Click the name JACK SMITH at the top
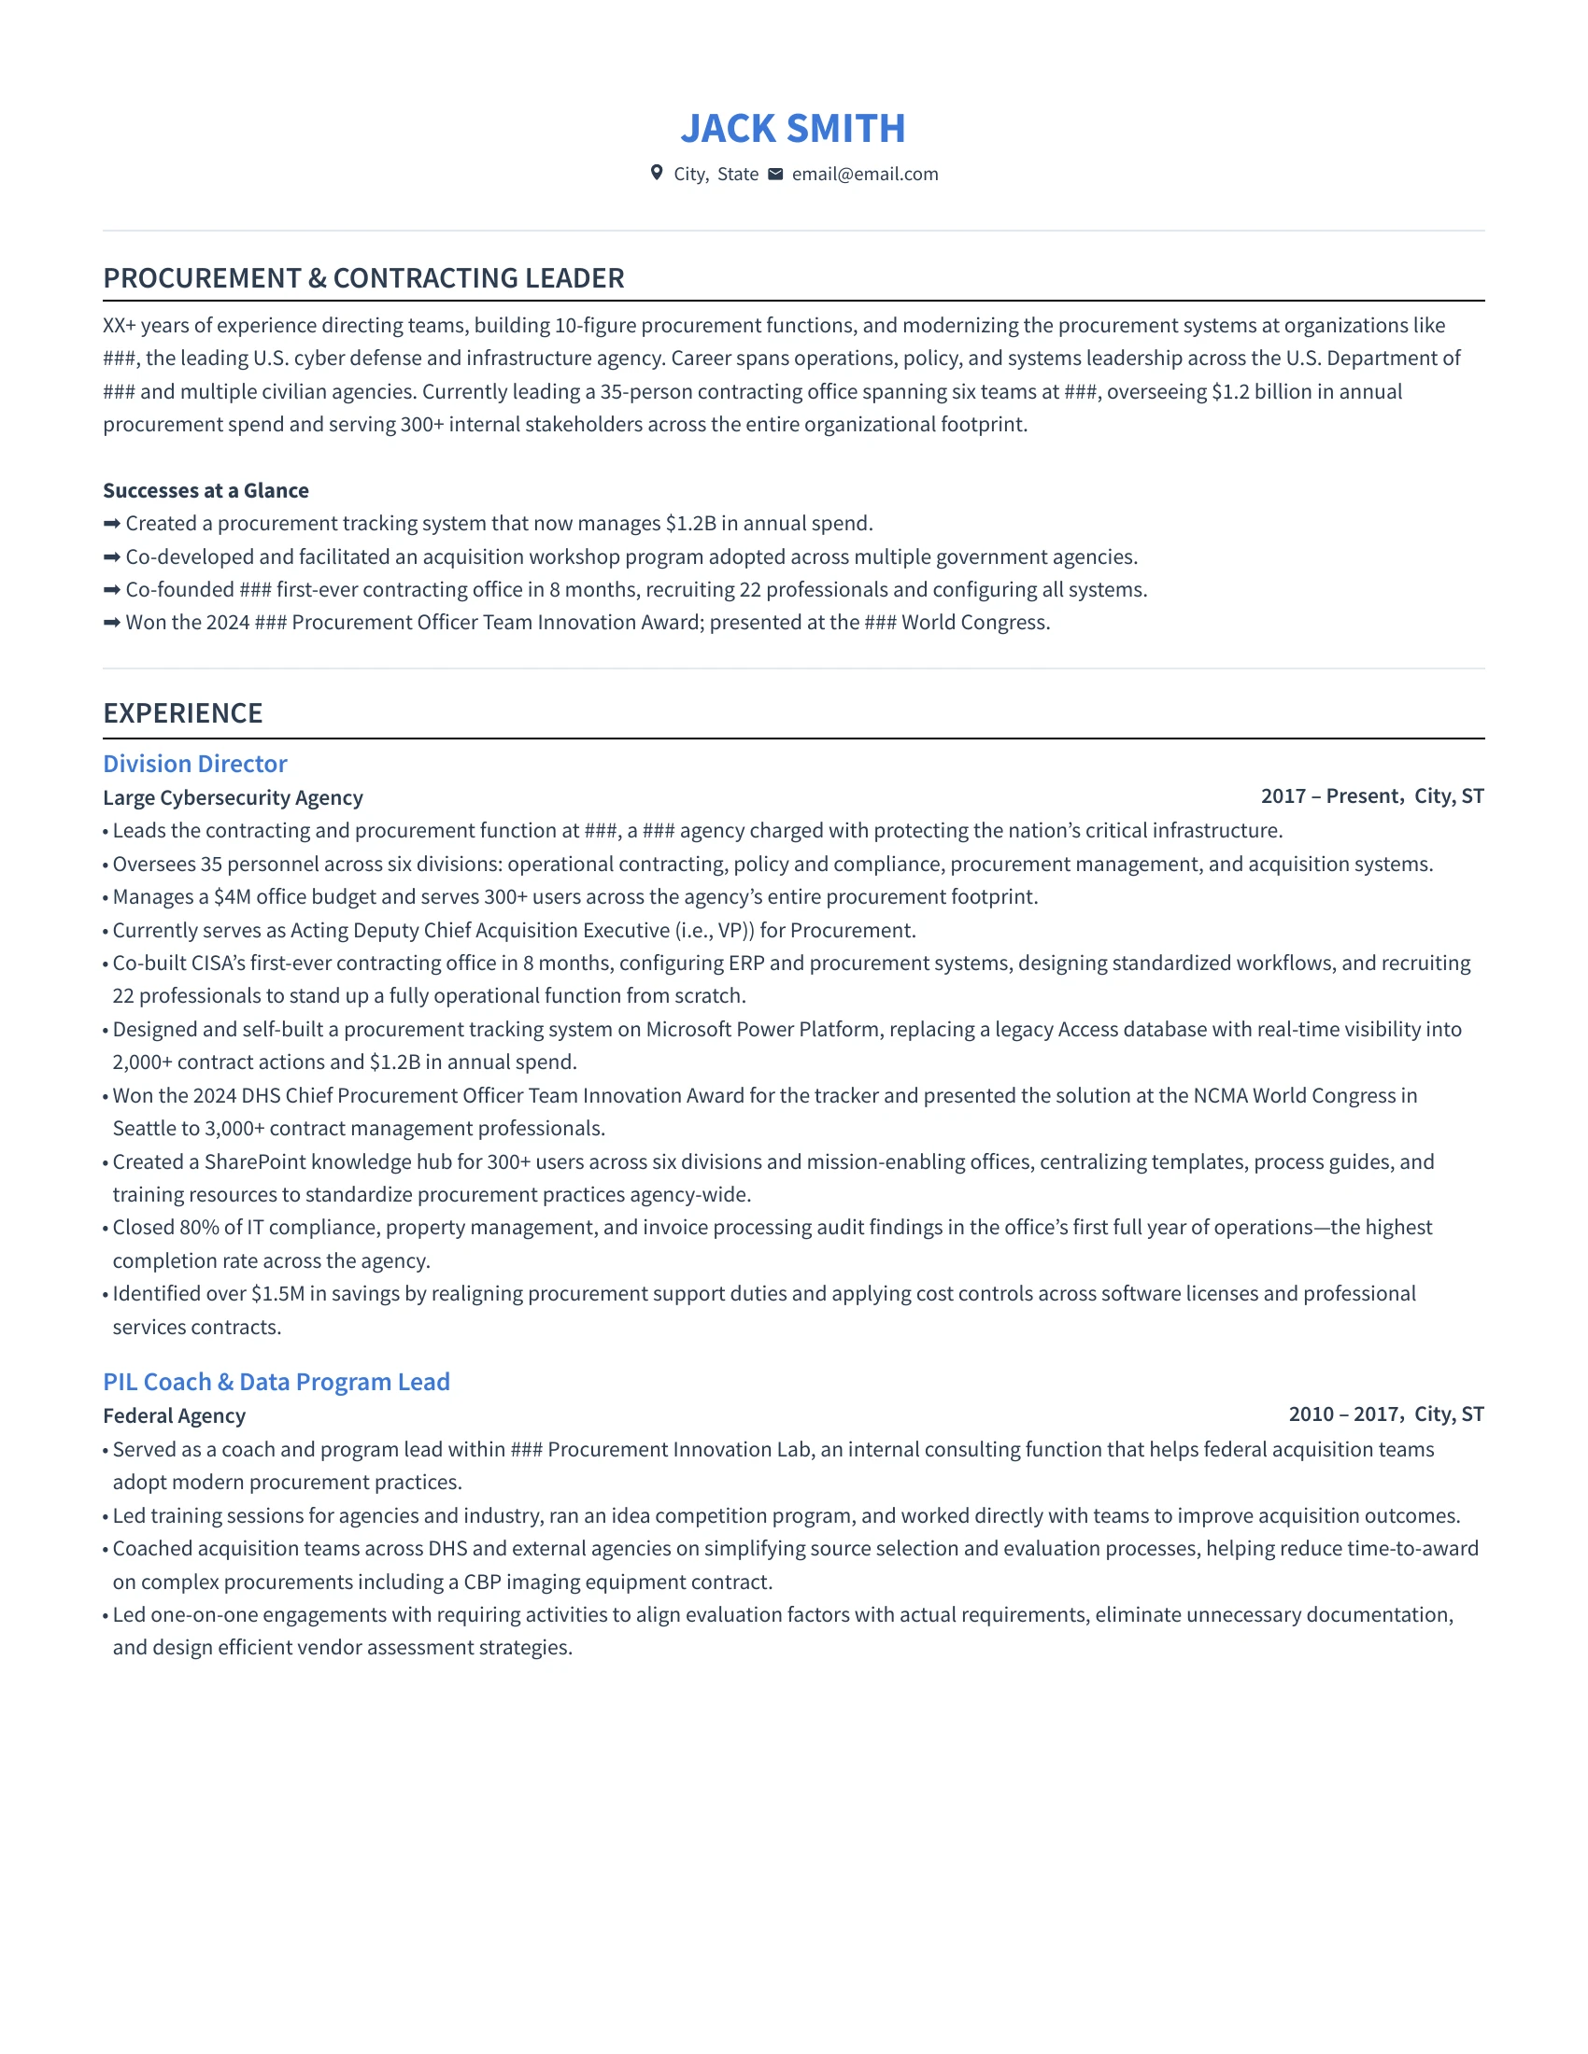pyautogui.click(x=793, y=129)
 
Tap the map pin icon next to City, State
pyautogui.click(x=657, y=173)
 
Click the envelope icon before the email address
pyautogui.click(x=775, y=174)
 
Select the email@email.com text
pyautogui.click(x=865, y=174)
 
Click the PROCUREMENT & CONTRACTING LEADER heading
pyautogui.click(x=363, y=278)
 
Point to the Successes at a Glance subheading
pyautogui.click(x=206, y=490)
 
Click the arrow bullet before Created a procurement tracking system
pyautogui.click(x=112, y=524)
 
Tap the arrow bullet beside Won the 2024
pyautogui.click(x=112, y=623)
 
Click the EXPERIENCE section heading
pyautogui.click(x=182, y=713)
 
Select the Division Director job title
pyautogui.click(x=194, y=764)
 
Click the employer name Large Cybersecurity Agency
pyautogui.click(x=233, y=797)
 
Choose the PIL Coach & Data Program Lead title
pyautogui.click(x=276, y=1382)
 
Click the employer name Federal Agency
pyautogui.click(x=174, y=1415)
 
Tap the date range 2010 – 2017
pyautogui.click(x=1343, y=1414)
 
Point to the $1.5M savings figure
pyautogui.click(x=277, y=1293)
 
